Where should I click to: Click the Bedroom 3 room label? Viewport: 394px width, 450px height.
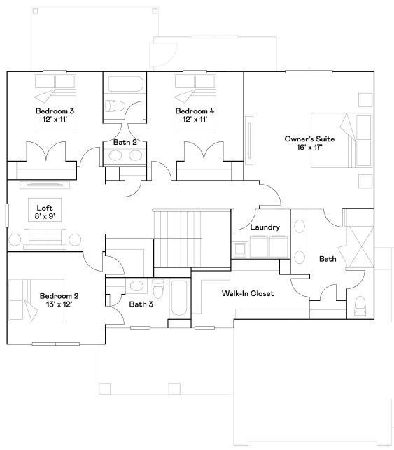tap(55, 111)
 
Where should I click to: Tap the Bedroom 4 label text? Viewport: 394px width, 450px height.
tap(195, 111)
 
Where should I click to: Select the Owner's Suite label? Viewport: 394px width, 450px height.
tap(309, 139)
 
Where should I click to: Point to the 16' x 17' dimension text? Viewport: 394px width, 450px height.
tap(309, 148)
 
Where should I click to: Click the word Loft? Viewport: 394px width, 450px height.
tap(45, 208)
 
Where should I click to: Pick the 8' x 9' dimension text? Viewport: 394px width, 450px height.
tap(45, 217)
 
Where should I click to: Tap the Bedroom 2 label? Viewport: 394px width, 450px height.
tap(59, 295)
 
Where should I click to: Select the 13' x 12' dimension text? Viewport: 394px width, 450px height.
tap(59, 304)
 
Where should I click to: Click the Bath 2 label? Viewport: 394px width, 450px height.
tap(125, 143)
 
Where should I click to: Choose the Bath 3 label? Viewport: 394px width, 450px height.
tap(141, 304)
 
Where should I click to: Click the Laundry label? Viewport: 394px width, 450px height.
tap(265, 227)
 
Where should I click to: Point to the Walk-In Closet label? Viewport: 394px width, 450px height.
tap(248, 293)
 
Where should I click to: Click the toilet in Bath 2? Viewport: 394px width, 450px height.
tap(115, 106)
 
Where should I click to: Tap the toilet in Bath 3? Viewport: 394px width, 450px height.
tap(158, 287)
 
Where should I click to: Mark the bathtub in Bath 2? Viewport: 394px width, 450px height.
tap(125, 85)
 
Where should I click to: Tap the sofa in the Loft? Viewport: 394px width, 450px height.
tap(44, 240)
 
